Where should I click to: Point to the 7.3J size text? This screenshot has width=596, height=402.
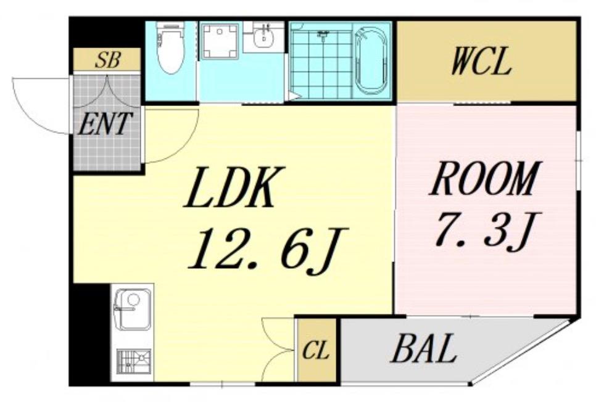pyautogui.click(x=487, y=229)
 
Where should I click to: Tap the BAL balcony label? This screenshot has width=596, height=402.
pyautogui.click(x=424, y=348)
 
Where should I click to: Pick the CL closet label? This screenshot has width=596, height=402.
pyautogui.click(x=315, y=351)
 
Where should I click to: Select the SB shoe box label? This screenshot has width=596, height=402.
pyautogui.click(x=108, y=60)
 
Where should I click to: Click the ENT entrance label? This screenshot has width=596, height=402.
pyautogui.click(x=104, y=123)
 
